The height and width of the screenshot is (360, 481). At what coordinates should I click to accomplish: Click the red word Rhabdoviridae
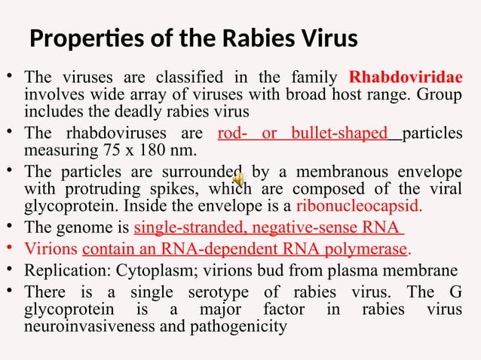[x=406, y=78]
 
